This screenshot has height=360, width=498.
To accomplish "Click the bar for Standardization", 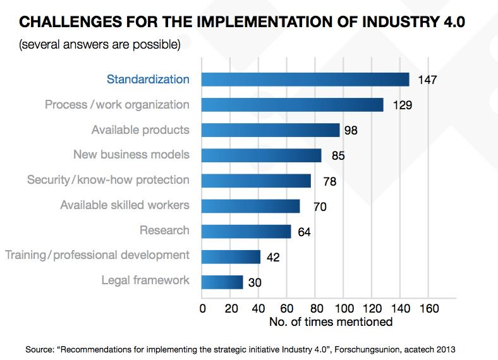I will click(x=305, y=80).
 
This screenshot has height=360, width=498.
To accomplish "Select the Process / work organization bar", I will click(x=293, y=105).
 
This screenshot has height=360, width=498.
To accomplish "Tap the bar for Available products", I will click(x=270, y=130).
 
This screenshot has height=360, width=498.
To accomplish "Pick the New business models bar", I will click(x=262, y=155).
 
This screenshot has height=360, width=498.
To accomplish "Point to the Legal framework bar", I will click(x=222, y=282).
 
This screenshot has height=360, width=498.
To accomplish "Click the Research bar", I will click(x=246, y=231).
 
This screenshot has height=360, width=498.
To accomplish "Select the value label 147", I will click(x=428, y=80).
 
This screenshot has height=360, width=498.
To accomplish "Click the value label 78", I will click(x=329, y=182).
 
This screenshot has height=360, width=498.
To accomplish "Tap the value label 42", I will click(x=273, y=258).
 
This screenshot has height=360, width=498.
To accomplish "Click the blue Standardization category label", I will click(x=148, y=80).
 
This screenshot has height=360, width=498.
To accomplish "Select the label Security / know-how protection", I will click(x=108, y=180).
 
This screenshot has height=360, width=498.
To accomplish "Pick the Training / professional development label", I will click(x=97, y=255).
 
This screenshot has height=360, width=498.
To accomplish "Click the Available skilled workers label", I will click(x=124, y=205).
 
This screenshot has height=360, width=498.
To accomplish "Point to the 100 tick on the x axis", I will click(x=343, y=309).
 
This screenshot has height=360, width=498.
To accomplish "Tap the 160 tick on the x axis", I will click(x=428, y=309).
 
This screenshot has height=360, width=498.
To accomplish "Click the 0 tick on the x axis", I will click(x=202, y=309).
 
